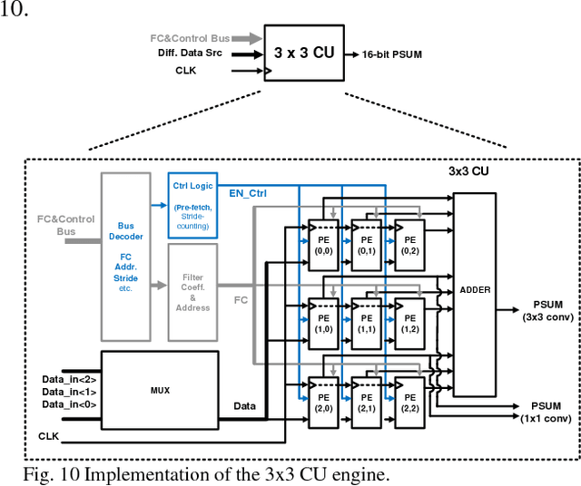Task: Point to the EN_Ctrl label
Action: tap(248, 193)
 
